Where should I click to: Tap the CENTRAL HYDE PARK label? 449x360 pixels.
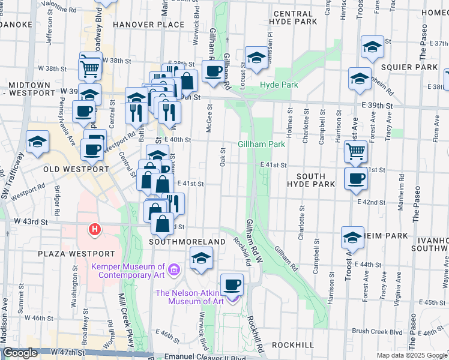pos(295,17)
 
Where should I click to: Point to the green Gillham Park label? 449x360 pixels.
pos(261,144)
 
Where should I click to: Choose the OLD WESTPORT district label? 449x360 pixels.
pos(74,169)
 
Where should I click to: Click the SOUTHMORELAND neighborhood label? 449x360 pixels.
pos(187,241)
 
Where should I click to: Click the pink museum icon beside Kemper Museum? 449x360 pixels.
pos(174,270)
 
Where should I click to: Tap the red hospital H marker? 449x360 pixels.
pos(94,229)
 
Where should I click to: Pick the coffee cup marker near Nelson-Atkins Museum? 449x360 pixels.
pos(232,284)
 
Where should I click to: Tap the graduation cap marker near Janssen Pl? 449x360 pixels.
pos(256,58)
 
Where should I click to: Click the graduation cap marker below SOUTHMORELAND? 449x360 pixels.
pos(200,259)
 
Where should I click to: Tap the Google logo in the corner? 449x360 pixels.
pos(20,353)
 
